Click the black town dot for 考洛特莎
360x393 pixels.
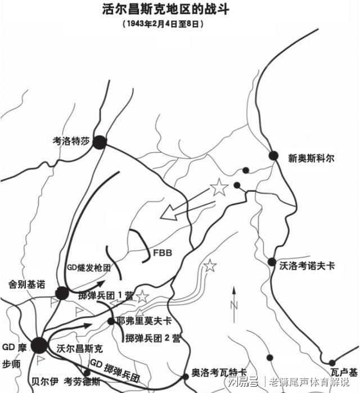pos(100,142)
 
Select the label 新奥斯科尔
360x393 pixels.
pos(311,159)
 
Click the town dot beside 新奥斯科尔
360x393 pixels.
pos(273,155)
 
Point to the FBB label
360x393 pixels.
pos(162,252)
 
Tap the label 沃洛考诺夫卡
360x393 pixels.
pos(307,265)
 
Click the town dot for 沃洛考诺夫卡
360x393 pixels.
pos(272,262)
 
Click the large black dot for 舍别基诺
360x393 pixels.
pos(62,293)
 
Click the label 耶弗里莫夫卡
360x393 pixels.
pos(144,321)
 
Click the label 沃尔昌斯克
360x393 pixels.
pos(80,348)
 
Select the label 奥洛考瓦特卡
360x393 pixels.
pos(219,372)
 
